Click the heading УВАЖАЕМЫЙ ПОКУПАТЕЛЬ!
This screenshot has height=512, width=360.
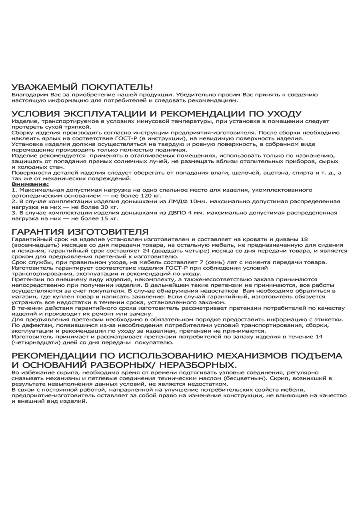(82, 87)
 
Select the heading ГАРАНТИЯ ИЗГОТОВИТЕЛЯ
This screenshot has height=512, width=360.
(80, 232)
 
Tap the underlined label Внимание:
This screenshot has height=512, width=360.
(30, 184)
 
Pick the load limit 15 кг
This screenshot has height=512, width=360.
(109, 218)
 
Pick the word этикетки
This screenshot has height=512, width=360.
(330, 320)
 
